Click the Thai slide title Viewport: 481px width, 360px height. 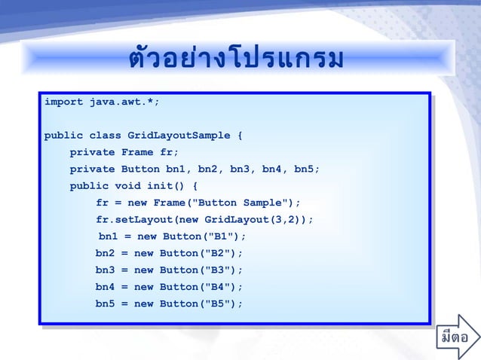tap(236, 59)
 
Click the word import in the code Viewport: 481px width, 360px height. tap(63, 102)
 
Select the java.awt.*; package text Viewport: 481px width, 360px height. tap(124, 102)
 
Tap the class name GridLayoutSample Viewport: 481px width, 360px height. tap(179, 136)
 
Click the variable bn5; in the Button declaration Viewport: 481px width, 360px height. tap(307, 169)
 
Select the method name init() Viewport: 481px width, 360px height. tap(163, 186)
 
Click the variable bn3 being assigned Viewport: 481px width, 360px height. tap(105, 270)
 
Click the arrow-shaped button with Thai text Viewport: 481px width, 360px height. tap(458, 336)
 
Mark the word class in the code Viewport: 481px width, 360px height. tap(105, 136)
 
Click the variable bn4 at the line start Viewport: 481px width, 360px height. tap(105, 287)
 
